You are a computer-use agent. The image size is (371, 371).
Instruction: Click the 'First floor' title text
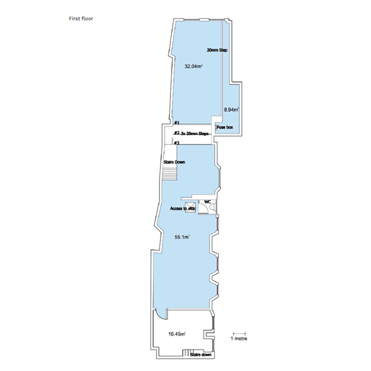point(81,19)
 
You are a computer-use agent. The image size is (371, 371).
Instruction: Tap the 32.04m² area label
point(194,66)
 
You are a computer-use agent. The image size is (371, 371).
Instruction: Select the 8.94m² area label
point(231,110)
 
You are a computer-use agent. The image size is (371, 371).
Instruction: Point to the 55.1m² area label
point(181,237)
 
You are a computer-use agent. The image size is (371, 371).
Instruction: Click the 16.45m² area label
point(177,334)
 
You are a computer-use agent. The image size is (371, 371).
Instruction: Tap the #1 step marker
point(176,123)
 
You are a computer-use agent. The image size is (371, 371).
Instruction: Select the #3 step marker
point(176,143)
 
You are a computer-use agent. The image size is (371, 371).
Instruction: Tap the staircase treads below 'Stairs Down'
point(169,174)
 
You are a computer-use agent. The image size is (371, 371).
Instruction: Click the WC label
point(208,202)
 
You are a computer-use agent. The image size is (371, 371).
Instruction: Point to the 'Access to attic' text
point(183,209)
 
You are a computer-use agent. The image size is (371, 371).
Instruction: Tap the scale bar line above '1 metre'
point(239,332)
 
